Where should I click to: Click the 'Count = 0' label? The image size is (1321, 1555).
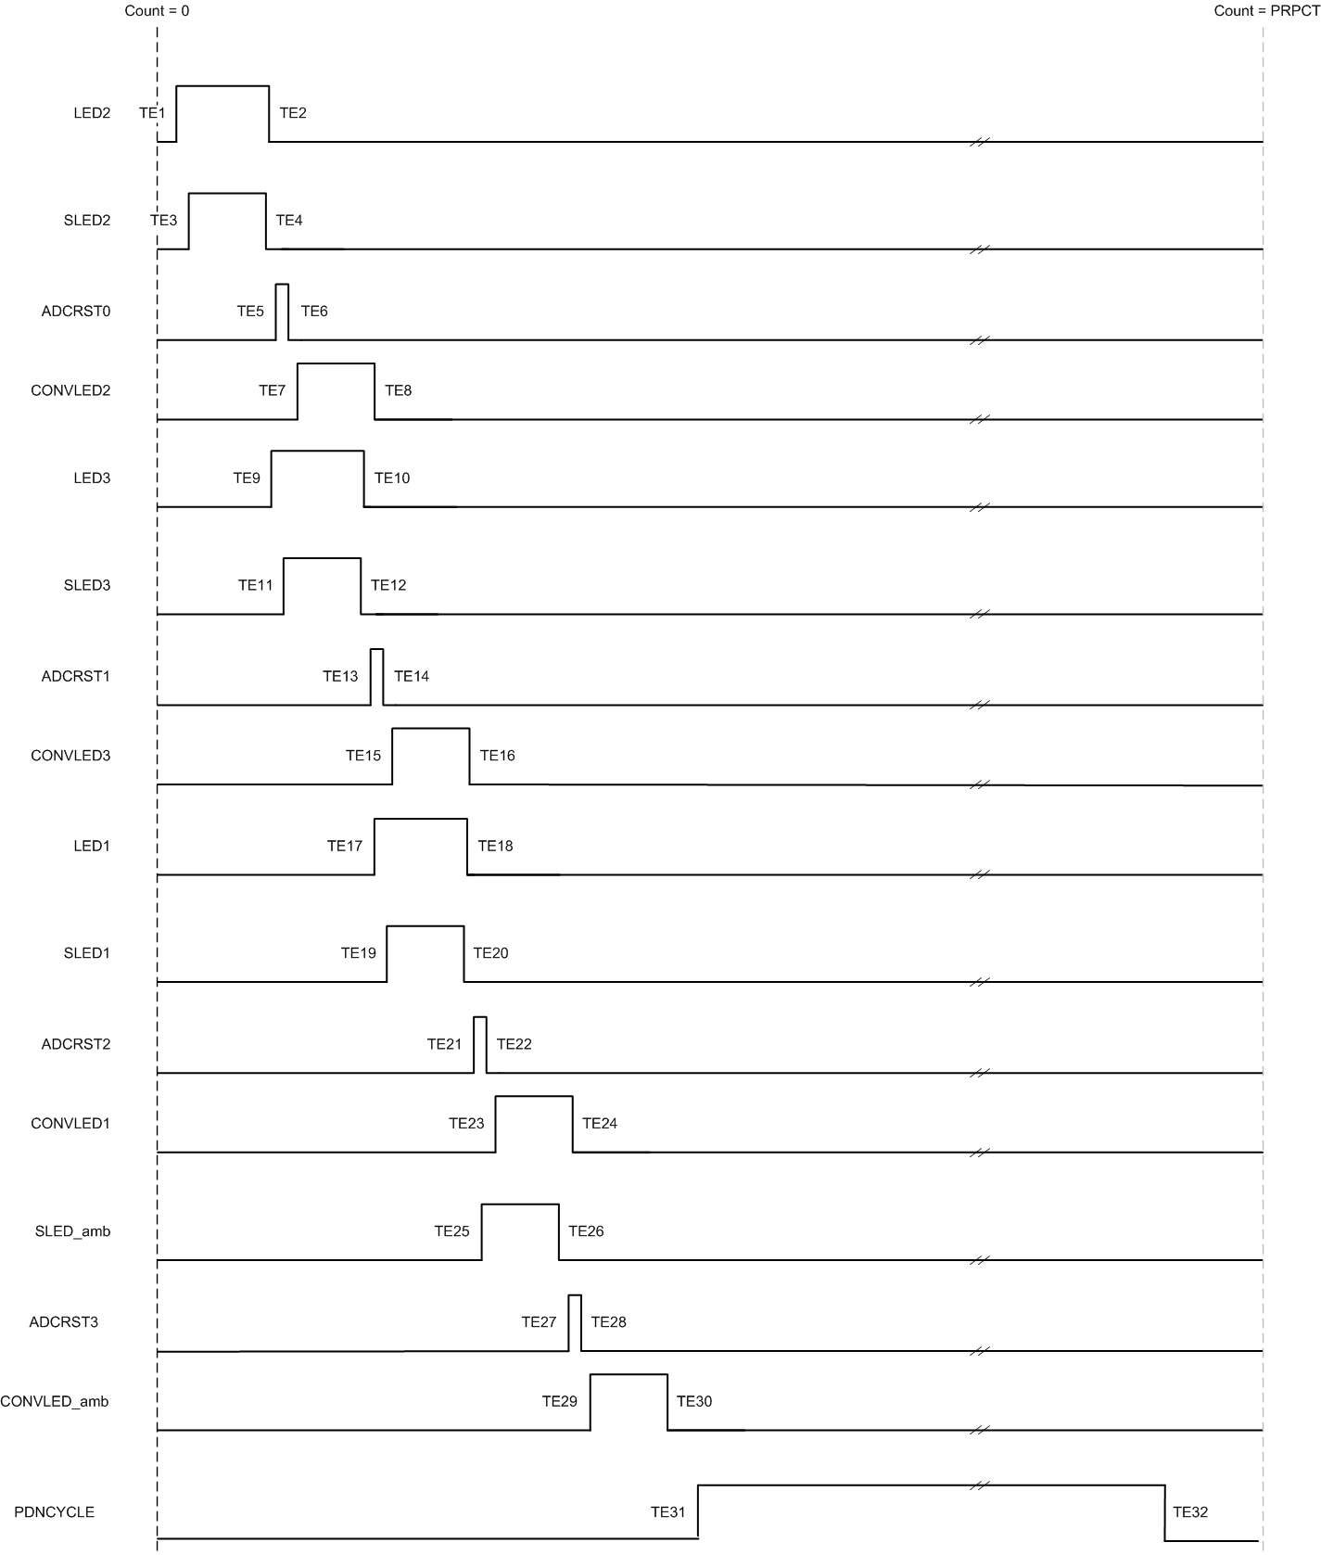[157, 11]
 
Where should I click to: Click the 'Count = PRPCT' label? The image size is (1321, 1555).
[1266, 11]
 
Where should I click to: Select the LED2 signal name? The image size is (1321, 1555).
[92, 113]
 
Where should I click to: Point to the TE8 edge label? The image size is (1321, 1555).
[398, 390]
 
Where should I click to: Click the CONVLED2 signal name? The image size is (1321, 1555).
[70, 390]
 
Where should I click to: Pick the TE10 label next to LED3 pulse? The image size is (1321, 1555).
[391, 478]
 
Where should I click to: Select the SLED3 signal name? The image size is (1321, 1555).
[87, 585]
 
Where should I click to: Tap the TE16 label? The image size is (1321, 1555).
[497, 756]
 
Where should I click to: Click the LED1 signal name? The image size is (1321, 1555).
[92, 846]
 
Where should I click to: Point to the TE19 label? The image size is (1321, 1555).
[358, 953]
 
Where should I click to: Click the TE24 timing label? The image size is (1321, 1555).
[599, 1124]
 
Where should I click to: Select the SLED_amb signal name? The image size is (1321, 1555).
[72, 1231]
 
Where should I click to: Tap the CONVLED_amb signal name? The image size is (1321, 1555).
[55, 1401]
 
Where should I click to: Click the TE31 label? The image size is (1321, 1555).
[667, 1512]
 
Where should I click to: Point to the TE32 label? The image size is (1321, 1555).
[1189, 1512]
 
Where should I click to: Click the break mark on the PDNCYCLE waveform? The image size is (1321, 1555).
[979, 1485]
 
